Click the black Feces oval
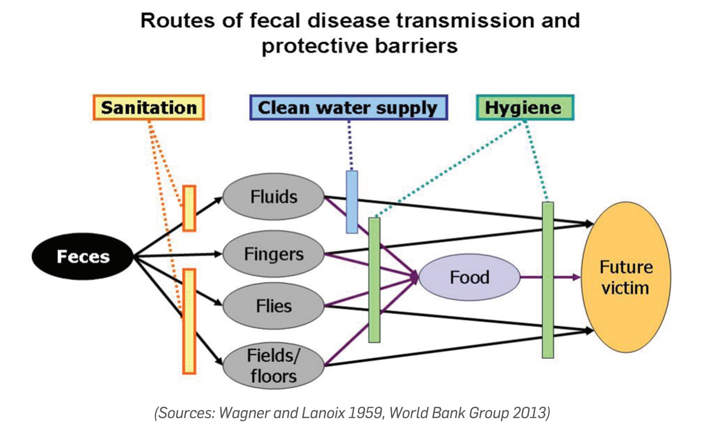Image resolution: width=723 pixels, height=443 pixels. point(83,256)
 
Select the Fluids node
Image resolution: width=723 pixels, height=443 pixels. point(274,197)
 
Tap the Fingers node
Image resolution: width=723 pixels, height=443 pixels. point(274,254)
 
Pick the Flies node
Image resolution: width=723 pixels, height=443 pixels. point(274,306)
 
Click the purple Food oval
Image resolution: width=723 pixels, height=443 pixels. point(470,277)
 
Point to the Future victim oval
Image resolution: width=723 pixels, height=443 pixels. point(626,277)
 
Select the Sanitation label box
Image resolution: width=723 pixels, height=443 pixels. point(149,108)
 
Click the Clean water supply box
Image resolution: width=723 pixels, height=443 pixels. point(348,108)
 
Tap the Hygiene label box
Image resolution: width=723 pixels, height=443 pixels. point(525,108)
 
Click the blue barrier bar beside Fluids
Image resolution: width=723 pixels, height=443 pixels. point(352,202)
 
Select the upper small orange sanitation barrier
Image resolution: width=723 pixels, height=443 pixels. point(189,208)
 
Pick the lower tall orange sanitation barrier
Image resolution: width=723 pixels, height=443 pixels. point(189,321)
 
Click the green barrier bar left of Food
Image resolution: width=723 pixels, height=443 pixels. point(374,280)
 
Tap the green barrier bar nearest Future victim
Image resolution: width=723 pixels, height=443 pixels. point(548,280)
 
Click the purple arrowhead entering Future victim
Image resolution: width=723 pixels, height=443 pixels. point(576,277)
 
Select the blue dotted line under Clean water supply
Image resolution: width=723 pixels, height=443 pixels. point(349,145)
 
